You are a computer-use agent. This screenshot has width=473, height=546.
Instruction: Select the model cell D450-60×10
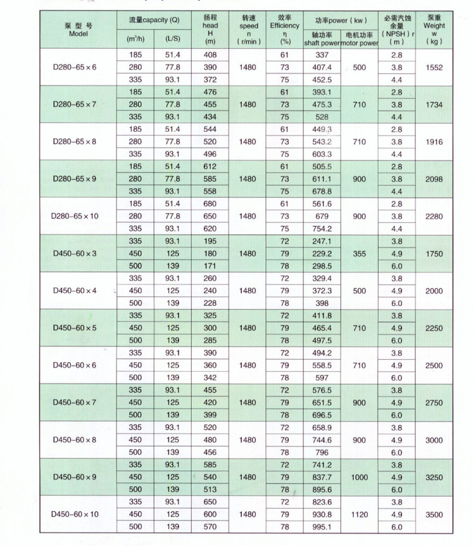point(75,514)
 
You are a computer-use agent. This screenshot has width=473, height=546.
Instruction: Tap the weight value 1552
point(434,67)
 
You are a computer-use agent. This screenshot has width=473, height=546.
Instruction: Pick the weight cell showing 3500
point(434,514)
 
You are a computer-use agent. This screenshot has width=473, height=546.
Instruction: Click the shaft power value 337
point(322,55)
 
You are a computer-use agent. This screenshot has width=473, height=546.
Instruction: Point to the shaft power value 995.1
point(322,527)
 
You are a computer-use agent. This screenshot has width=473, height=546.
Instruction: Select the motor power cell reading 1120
point(360,514)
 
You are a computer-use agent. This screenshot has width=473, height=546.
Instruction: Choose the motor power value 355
point(360,253)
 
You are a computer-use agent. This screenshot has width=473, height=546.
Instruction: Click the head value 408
point(210,55)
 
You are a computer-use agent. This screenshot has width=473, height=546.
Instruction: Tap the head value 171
point(210,266)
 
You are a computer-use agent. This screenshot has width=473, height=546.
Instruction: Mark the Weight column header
point(434,30)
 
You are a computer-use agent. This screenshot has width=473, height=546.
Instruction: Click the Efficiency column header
point(285,30)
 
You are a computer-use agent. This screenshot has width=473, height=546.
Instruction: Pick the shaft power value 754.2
point(322,229)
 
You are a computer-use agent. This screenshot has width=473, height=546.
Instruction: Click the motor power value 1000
point(360,477)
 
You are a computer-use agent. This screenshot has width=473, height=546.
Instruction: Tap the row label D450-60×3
point(75,253)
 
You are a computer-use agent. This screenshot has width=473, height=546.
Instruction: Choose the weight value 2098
point(434,179)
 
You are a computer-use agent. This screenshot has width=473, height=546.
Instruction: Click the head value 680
point(210,204)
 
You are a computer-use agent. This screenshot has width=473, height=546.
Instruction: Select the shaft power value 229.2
point(322,253)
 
